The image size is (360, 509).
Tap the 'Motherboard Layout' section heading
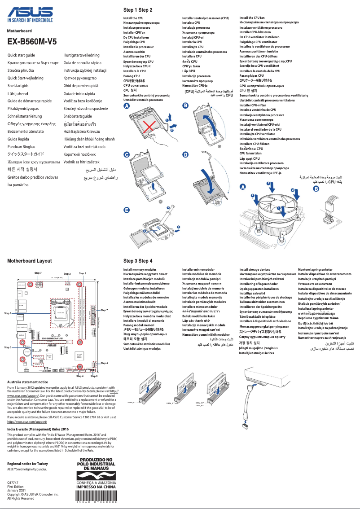[30, 261]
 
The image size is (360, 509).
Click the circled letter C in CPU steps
[127, 155]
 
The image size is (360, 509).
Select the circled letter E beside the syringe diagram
[127, 210]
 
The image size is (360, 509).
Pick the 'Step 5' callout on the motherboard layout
[8, 347]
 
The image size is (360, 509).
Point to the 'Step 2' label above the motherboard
[67, 273]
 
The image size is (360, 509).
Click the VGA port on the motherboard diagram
[21, 306]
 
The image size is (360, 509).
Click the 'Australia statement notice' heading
[28, 382]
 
